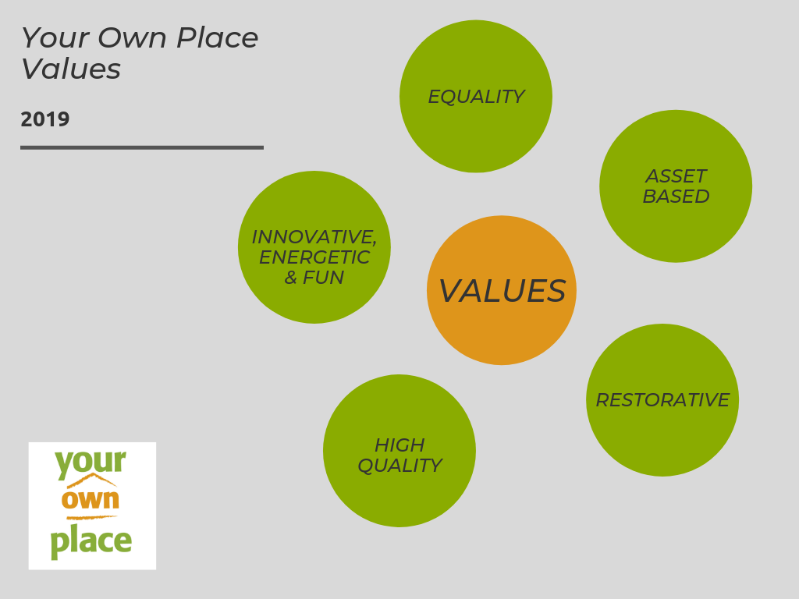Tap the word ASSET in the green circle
(676, 176)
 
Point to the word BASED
(676, 197)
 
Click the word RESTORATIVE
(662, 400)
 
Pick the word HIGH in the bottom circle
(399, 445)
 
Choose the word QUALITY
(399, 466)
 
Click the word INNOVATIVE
(314, 236)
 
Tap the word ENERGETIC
(314, 257)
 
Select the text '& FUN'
(314, 277)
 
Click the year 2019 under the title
(45, 119)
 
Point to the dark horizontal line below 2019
(142, 147)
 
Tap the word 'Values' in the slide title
(71, 69)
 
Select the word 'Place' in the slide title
(218, 38)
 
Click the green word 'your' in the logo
(90, 462)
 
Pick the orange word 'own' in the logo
(91, 499)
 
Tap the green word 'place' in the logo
(91, 541)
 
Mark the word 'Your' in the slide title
(49, 38)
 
